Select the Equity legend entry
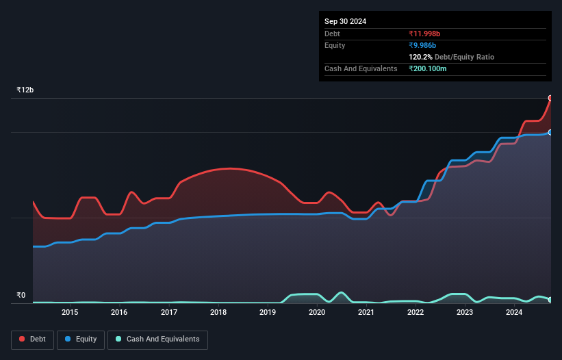coord(81,339)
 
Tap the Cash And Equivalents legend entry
coord(157,339)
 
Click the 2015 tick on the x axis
coord(70,313)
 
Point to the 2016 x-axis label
coord(119,313)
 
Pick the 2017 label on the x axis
coord(169,313)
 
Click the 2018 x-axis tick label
coord(218,313)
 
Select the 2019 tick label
coord(268,313)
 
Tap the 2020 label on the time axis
coord(317,313)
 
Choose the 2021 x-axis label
coord(366,313)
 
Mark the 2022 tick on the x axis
coord(416,313)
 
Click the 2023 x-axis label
coord(465,313)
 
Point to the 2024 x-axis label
coord(514,313)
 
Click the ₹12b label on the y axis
coord(25,90)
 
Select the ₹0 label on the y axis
coord(21,296)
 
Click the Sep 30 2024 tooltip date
coord(345,21)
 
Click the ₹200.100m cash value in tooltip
coord(431,68)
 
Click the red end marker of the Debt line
coord(550,98)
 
